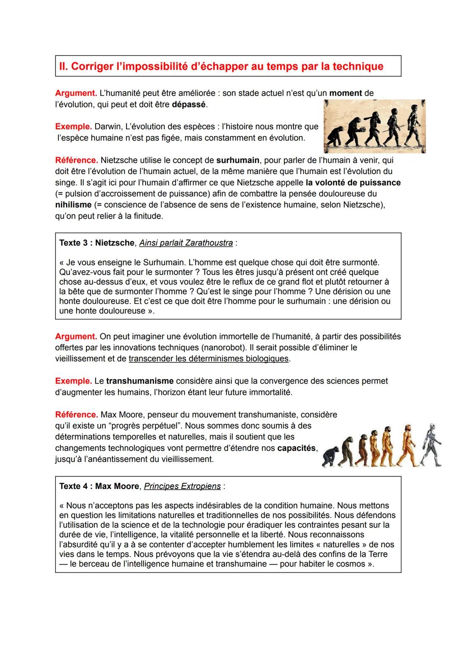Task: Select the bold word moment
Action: click(x=346, y=93)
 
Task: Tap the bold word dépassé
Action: click(x=189, y=104)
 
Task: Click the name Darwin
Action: click(x=107, y=127)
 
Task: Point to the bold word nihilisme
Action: click(x=73, y=205)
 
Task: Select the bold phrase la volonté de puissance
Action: click(x=352, y=183)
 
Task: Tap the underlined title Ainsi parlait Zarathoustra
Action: click(x=186, y=243)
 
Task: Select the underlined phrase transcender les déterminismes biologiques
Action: click(x=209, y=358)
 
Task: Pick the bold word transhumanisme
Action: click(x=140, y=381)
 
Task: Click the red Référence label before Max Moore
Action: click(x=76, y=414)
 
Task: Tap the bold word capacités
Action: click(x=297, y=448)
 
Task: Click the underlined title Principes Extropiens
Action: click(x=182, y=486)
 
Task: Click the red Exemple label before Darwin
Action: click(x=73, y=127)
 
